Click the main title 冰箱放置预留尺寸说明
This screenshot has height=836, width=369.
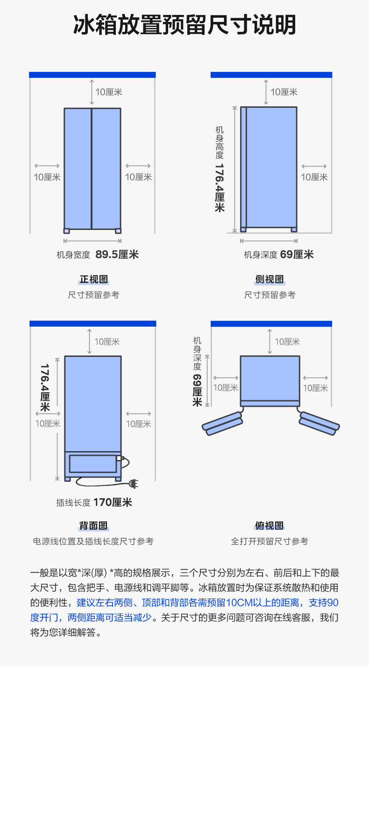pos(184,25)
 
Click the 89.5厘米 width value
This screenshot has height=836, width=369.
pos(117,255)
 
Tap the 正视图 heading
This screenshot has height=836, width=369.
pos(93,279)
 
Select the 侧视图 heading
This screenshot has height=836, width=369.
pos(270,279)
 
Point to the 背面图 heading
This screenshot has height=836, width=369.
pos(93,526)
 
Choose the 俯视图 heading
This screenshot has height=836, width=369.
pos(270,526)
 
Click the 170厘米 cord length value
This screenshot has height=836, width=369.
pos(113,502)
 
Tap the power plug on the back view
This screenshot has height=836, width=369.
pos(134,484)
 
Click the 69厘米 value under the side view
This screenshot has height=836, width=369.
pos(297,255)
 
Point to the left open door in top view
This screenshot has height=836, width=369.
pos(222,423)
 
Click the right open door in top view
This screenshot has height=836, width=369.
pos(319,423)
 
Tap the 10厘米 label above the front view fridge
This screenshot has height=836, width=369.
pos(109,92)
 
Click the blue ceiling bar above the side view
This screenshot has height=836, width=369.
pos(271,75)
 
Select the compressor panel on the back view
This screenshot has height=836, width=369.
pos(92,463)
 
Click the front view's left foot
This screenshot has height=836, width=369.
pos(66,231)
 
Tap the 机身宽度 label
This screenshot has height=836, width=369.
pos(73,255)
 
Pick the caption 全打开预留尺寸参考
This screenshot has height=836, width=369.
pos(270,541)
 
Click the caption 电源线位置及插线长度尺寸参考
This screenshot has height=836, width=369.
pos(93,541)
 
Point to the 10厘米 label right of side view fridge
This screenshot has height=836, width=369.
pos(314,177)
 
